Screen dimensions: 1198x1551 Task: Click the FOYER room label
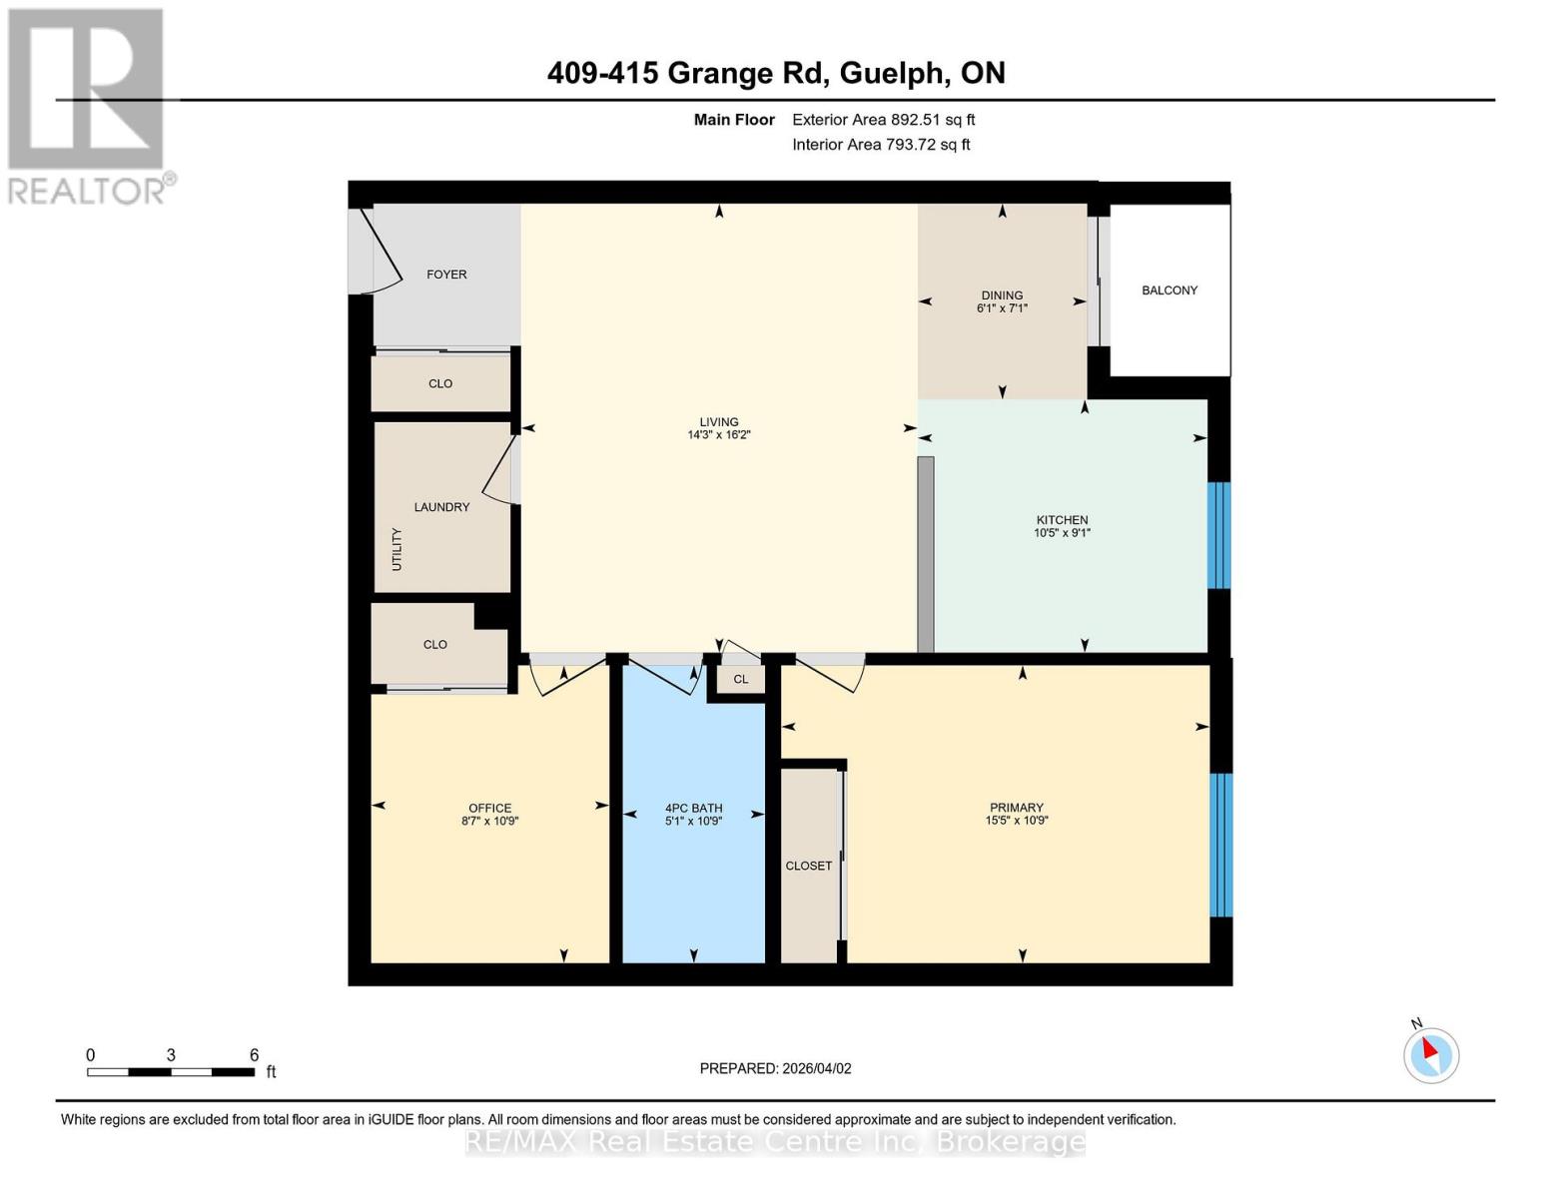click(446, 275)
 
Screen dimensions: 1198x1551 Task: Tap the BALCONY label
click(1169, 291)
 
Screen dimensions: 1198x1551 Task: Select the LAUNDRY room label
click(441, 507)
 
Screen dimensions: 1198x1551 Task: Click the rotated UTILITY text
click(396, 549)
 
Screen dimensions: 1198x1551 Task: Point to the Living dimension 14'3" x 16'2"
click(718, 435)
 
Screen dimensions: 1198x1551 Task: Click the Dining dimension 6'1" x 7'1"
click(1002, 308)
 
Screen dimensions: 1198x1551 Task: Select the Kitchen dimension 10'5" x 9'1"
click(1062, 533)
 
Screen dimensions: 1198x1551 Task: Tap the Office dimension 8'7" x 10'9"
click(489, 822)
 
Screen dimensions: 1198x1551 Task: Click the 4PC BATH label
click(693, 809)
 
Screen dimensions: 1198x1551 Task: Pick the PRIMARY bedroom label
click(1016, 808)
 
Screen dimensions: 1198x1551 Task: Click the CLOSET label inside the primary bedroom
click(808, 866)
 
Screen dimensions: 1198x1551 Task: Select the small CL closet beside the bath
click(740, 680)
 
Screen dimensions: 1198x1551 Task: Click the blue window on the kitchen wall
click(1218, 535)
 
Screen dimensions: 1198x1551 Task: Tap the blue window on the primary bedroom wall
click(1220, 845)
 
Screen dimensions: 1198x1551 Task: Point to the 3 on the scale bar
click(171, 1055)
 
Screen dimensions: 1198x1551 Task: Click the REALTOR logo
click(88, 105)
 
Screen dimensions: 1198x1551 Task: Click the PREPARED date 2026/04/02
click(816, 1068)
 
